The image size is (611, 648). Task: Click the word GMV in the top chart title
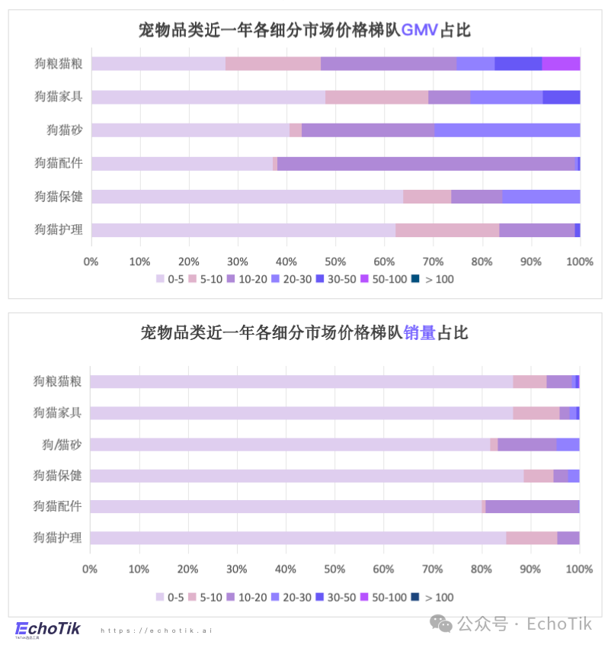tap(419, 30)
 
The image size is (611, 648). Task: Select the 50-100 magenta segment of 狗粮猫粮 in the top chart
tap(561, 63)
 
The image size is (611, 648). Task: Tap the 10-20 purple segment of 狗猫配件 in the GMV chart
tap(427, 163)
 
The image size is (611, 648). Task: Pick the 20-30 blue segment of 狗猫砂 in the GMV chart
tap(507, 130)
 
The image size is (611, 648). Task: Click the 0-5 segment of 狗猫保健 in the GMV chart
tap(247, 197)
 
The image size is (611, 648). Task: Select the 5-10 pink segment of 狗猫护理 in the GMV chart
tap(447, 230)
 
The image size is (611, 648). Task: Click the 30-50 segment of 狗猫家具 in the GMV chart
tap(561, 97)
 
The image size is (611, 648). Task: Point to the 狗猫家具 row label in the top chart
tap(59, 97)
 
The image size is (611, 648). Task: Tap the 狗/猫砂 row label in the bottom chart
tap(62, 444)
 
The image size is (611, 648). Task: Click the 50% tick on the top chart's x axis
tap(335, 261)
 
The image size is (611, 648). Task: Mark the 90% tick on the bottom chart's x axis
tap(530, 569)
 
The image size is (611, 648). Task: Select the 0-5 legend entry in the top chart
tap(170, 279)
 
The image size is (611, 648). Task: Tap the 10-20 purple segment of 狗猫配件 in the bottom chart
tap(532, 507)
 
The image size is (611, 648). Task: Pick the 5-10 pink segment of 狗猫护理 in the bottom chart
tap(531, 538)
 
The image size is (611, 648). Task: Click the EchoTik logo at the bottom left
tap(47, 629)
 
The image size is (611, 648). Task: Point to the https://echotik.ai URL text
tap(157, 631)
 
